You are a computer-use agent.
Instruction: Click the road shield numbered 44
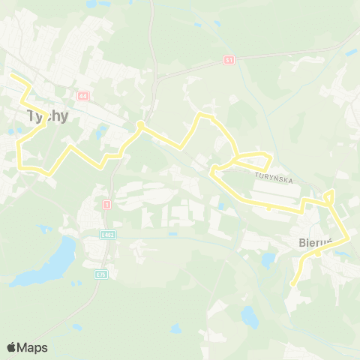pos(82,96)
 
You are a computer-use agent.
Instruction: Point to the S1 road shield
pos(229,59)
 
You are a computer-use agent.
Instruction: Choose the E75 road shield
pos(100,274)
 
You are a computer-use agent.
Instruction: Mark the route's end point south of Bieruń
pos(292,283)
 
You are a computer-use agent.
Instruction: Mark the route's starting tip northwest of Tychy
pos(10,76)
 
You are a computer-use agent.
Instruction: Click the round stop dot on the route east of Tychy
pos(140,124)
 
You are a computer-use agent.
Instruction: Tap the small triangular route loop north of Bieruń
pos(329,197)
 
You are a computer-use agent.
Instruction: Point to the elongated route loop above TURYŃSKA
pos(251,159)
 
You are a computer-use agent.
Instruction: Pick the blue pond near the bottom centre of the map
pos(250,317)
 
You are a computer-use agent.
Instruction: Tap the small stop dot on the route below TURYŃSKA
pos(269,208)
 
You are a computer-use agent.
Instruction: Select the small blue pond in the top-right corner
pos(351,52)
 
